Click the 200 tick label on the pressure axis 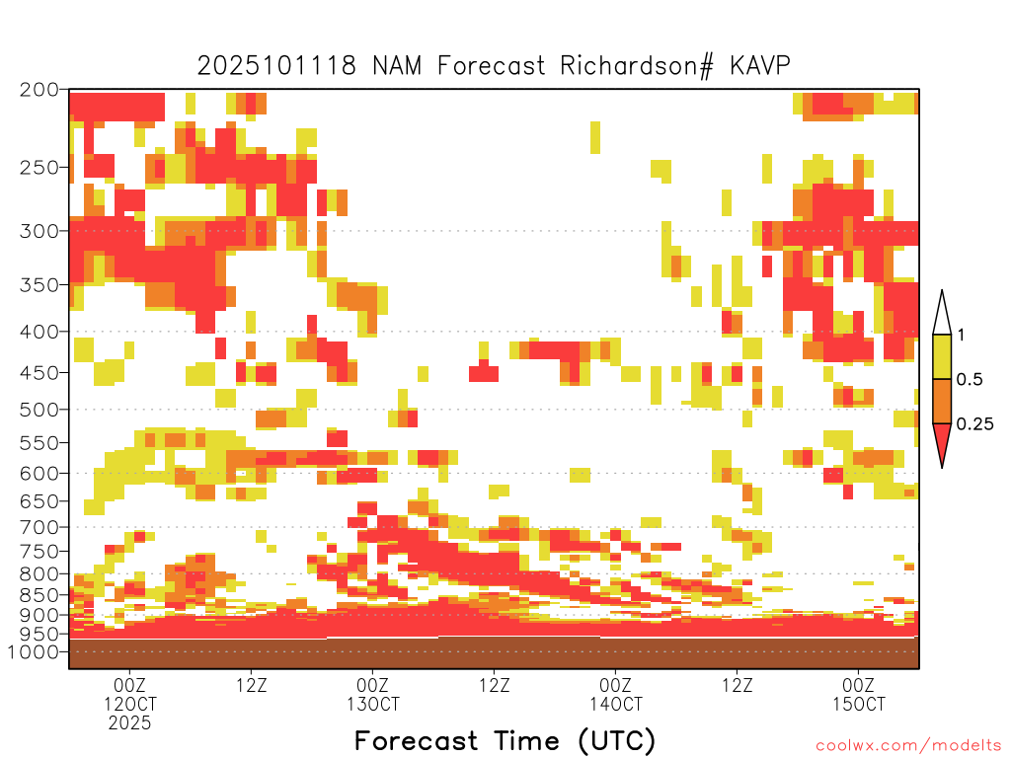pyautogui.click(x=39, y=89)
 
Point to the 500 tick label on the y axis pyautogui.click(x=39, y=410)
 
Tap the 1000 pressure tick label pyautogui.click(x=33, y=651)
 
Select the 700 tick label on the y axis pyautogui.click(x=39, y=527)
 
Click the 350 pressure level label pyautogui.click(x=39, y=285)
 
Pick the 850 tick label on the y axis pyautogui.click(x=39, y=595)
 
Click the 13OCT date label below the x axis pyautogui.click(x=372, y=704)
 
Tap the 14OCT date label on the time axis pyautogui.click(x=616, y=704)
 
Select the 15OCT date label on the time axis pyautogui.click(x=859, y=704)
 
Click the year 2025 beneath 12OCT pyautogui.click(x=129, y=723)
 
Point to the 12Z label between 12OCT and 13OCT pyautogui.click(x=252, y=685)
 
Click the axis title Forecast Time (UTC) pyautogui.click(x=505, y=741)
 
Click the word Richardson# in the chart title pyautogui.click(x=637, y=66)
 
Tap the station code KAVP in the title pyautogui.click(x=760, y=66)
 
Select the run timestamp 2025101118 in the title pyautogui.click(x=276, y=66)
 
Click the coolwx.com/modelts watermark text pyautogui.click(x=908, y=746)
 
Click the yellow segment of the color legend pyautogui.click(x=942, y=356)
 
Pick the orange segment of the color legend pyautogui.click(x=942, y=401)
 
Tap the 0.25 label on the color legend pyautogui.click(x=974, y=424)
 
